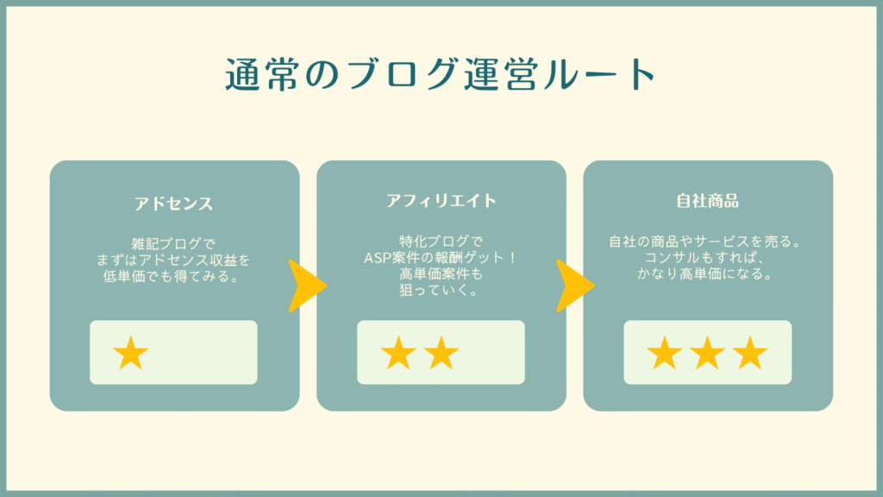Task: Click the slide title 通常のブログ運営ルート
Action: [441, 74]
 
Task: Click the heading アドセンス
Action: [173, 204]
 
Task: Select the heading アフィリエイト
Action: [441, 200]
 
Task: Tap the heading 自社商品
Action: [707, 200]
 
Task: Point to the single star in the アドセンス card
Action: [131, 353]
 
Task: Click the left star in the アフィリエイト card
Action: [398, 353]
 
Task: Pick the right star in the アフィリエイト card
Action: [441, 353]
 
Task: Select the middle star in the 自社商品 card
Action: [707, 353]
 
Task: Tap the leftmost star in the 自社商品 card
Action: [665, 353]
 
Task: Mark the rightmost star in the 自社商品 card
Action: [750, 353]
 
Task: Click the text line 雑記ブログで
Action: [173, 244]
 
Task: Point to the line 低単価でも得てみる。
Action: [173, 277]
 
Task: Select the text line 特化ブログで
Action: [441, 242]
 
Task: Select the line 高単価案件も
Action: [441, 274]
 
